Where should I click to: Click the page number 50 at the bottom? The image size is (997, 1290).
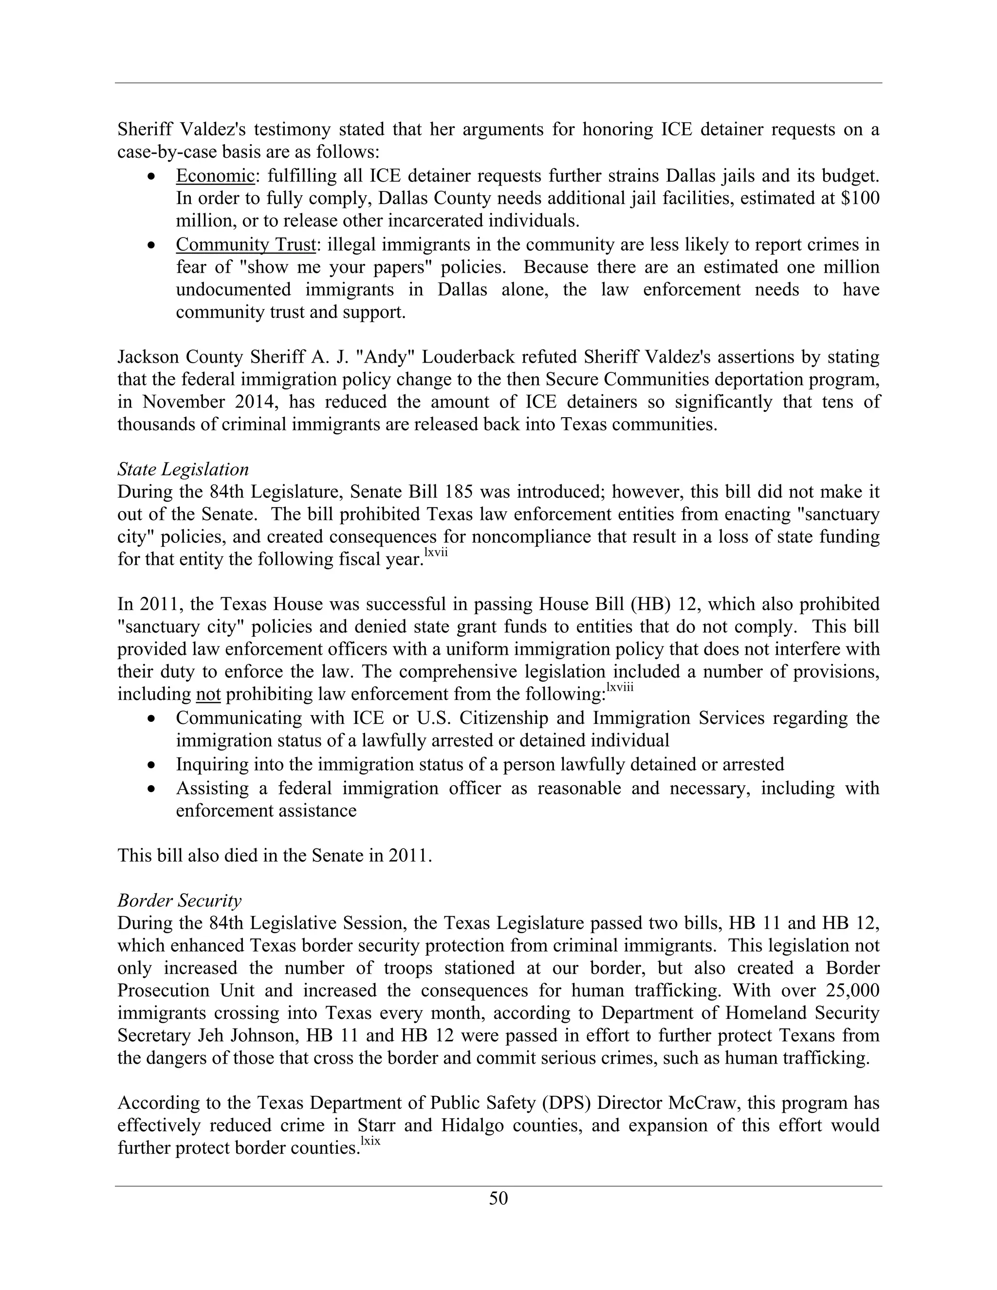[x=498, y=1198]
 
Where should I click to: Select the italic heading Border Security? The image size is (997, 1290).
[x=180, y=901]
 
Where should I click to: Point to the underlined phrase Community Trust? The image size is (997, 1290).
[x=246, y=244]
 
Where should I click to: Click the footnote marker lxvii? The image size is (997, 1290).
[x=436, y=553]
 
